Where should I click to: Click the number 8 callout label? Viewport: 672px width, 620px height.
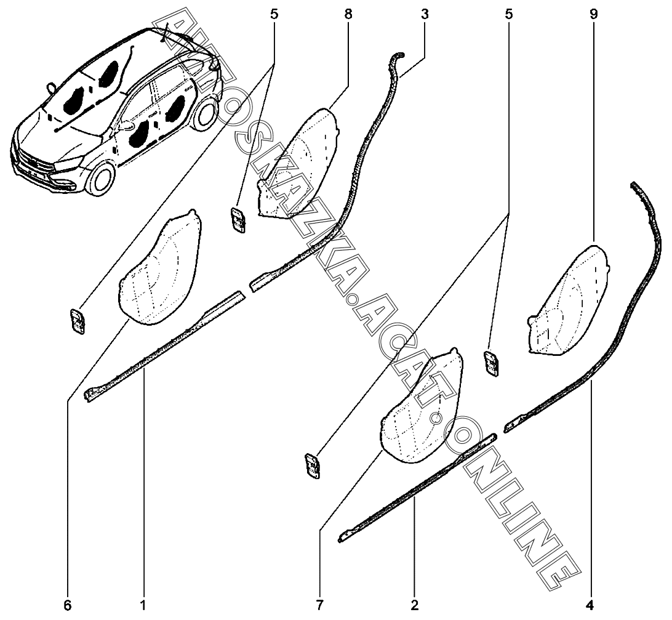(x=348, y=14)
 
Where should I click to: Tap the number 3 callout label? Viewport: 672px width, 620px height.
(x=424, y=14)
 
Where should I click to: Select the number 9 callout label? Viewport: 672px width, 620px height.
(x=593, y=14)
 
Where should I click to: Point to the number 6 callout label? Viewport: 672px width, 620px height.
(x=68, y=605)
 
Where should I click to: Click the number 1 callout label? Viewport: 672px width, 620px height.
(x=143, y=605)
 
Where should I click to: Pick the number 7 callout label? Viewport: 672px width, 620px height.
(x=319, y=605)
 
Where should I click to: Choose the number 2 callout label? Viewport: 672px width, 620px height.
(x=415, y=605)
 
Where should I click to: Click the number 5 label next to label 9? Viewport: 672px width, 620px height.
(x=508, y=14)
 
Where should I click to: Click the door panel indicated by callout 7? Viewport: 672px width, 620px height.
(x=422, y=406)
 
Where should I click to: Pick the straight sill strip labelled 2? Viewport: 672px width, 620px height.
(x=418, y=486)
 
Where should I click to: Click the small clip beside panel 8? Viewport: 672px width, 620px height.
(x=238, y=221)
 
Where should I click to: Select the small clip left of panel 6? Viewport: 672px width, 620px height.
(x=78, y=321)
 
